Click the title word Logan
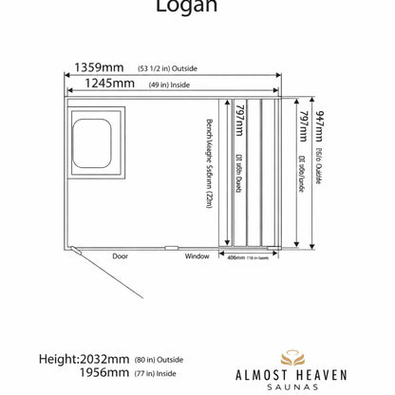197,8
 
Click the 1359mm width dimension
92,67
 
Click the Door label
120,256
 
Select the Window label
197,256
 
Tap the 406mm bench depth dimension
237,256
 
